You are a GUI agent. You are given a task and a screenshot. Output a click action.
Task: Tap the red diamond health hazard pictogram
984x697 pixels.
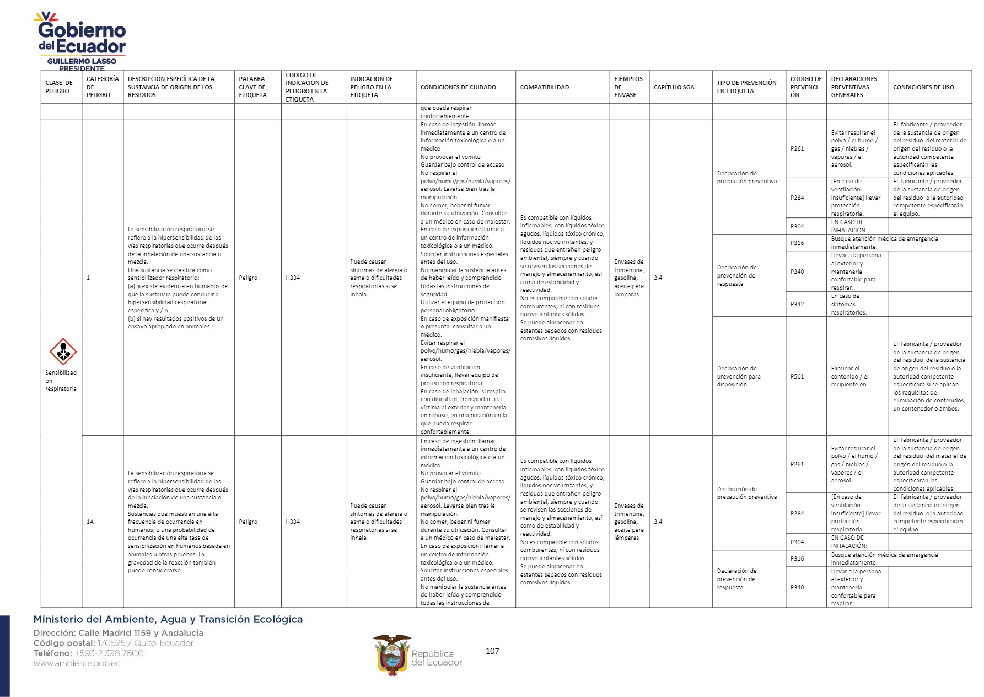pos(63,352)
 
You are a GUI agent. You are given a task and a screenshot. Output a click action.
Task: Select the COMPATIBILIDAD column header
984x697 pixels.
pos(544,87)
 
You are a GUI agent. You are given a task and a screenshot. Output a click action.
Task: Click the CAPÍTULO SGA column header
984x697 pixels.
pos(674,87)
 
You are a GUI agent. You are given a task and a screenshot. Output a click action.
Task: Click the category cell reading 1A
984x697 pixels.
pos(90,522)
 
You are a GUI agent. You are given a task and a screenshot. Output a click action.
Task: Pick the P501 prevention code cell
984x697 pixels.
pos(797,376)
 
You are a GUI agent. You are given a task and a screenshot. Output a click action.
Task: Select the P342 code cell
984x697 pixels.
pos(797,304)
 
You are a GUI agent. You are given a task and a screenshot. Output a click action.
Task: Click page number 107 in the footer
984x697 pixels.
pos(492,651)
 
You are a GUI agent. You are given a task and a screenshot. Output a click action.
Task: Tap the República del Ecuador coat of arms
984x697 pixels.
pos(392,655)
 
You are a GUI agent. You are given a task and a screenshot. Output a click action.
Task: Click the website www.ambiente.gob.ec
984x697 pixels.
pos(77,663)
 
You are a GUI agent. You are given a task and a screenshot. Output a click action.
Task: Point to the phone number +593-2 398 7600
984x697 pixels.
pos(109,653)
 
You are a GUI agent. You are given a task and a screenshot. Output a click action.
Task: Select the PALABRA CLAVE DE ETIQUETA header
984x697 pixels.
pos(252,87)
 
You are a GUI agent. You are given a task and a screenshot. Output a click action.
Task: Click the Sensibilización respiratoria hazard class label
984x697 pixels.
pos(61,381)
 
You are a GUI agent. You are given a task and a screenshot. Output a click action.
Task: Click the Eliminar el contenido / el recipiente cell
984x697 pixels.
pos(852,376)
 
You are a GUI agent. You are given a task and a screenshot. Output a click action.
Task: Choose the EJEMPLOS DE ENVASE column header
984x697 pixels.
pos(628,87)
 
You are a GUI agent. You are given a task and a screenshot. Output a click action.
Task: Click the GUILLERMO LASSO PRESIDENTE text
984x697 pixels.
pos(82,65)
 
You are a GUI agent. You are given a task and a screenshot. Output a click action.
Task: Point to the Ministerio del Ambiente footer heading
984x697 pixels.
pos(168,620)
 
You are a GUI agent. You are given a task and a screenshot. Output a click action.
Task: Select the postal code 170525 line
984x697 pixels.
pos(114,643)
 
